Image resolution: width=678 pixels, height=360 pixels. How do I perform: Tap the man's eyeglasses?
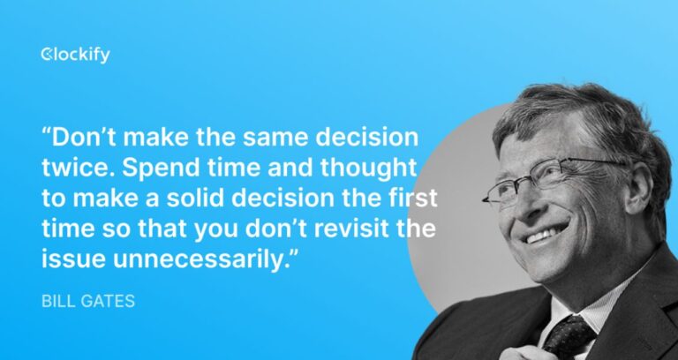tap(547, 181)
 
